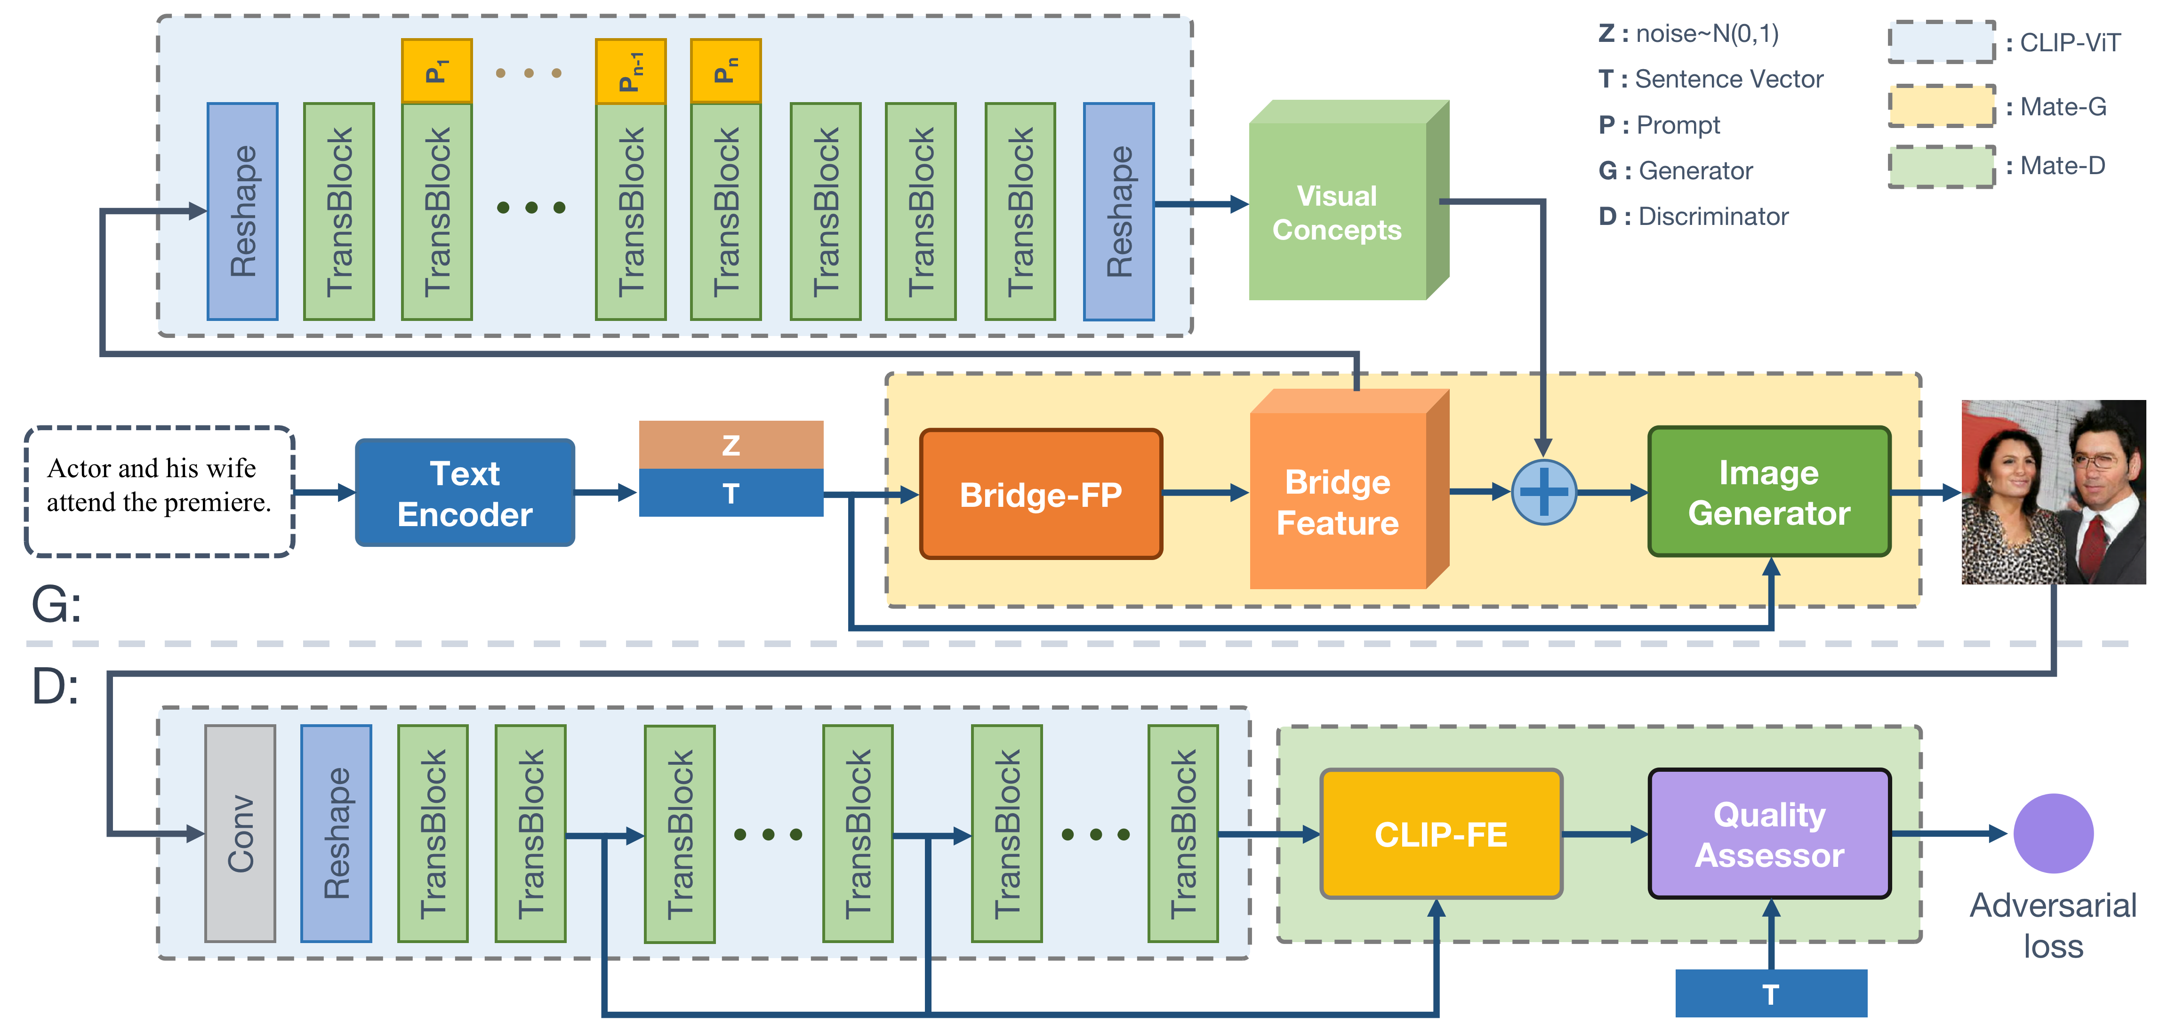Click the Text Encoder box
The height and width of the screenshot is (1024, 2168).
pyautogui.click(x=465, y=493)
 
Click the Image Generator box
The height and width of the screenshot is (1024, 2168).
pyautogui.click(x=1769, y=492)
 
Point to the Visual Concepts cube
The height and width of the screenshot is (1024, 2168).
pyautogui.click(x=1338, y=212)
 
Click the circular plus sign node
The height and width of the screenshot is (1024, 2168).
pyautogui.click(x=1543, y=492)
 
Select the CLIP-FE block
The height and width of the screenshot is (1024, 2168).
pyautogui.click(x=1441, y=834)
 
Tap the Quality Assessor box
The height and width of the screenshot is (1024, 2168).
pyautogui.click(x=1769, y=834)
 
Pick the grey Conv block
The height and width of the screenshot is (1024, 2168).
pyautogui.click(x=240, y=833)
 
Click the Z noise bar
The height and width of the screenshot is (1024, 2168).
pyautogui.click(x=731, y=444)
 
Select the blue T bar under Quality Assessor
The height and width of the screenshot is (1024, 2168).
pyautogui.click(x=1771, y=994)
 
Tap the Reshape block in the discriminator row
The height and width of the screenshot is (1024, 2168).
pyautogui.click(x=336, y=833)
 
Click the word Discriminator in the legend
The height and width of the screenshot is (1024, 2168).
pyautogui.click(x=1713, y=216)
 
